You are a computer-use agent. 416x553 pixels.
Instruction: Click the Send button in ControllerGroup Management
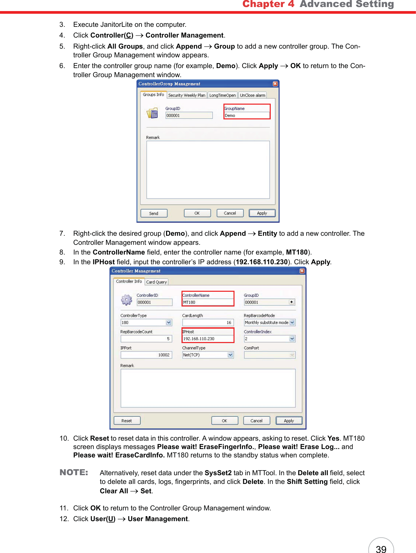pos(154,213)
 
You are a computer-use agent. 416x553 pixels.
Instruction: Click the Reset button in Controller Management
pos(127,421)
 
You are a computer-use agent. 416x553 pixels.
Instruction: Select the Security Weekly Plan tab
pos(187,95)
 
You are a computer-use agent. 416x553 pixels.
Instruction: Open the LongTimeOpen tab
pos(222,95)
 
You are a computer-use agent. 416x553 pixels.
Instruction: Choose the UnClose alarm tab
pos(252,95)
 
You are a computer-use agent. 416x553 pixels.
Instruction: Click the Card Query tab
pos(156,282)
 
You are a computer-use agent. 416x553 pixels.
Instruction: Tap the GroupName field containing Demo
pos(247,115)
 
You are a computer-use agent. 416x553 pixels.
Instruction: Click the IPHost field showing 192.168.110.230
pos(208,339)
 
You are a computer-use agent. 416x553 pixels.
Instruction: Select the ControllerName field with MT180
pos(208,302)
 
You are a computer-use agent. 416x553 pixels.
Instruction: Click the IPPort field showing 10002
pos(146,355)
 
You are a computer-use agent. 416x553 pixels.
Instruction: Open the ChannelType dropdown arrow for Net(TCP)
pos(230,355)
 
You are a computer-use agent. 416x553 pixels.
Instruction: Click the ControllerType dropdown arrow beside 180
pos(169,323)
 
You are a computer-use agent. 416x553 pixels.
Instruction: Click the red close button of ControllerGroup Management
pos(275,84)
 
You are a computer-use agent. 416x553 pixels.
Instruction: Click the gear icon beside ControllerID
pos(126,299)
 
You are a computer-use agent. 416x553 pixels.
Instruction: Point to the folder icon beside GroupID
pos(152,113)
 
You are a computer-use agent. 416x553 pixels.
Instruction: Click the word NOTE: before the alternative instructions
pos(74,473)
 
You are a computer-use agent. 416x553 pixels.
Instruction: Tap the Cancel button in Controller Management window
pos(257,421)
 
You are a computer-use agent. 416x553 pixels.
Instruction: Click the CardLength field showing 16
pos(208,323)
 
